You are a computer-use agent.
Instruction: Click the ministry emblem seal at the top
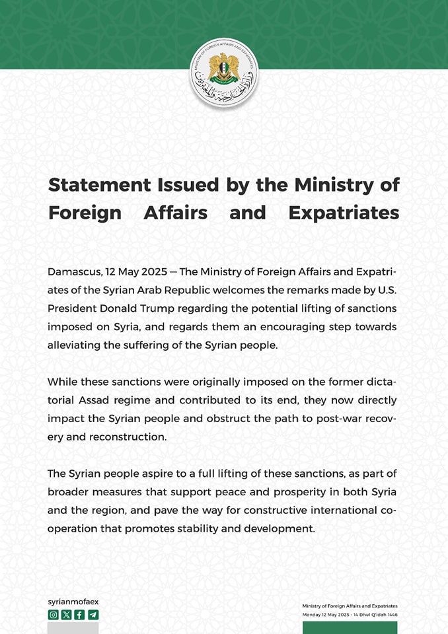pos(223,73)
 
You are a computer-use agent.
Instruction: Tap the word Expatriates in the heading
pos(344,213)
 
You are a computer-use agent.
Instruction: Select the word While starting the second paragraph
pos(61,382)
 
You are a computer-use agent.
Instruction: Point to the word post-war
pos(326,419)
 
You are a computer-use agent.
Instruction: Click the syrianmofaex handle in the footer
pos(73,602)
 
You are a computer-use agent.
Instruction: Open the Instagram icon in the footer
pos(54,614)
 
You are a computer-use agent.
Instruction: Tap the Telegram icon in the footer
pos(93,614)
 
